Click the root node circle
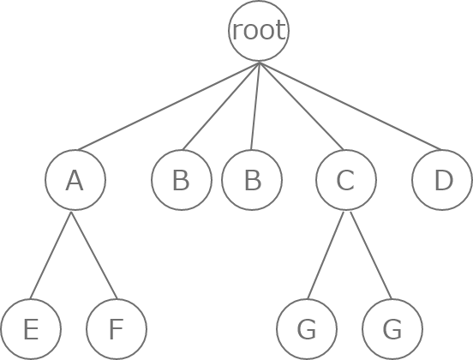pos(259,31)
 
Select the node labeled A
pos(75,180)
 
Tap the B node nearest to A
pos(182,180)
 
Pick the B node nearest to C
pos(252,180)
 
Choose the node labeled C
pos(346,180)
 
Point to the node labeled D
pos(442,180)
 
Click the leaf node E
pos(31,329)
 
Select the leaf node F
pos(117,329)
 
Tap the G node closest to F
pos(307,329)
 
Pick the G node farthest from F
pos(392,329)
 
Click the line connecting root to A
pos(168,106)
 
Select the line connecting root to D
pos(350,106)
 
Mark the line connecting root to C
pos(301,106)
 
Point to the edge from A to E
pos(51,255)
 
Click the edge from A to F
pos(93,255)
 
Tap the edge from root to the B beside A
pos(221,106)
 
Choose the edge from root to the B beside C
pos(255,106)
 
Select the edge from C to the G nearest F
pos(326,255)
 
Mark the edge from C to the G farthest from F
pos(371,255)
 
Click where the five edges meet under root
pos(259,63)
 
